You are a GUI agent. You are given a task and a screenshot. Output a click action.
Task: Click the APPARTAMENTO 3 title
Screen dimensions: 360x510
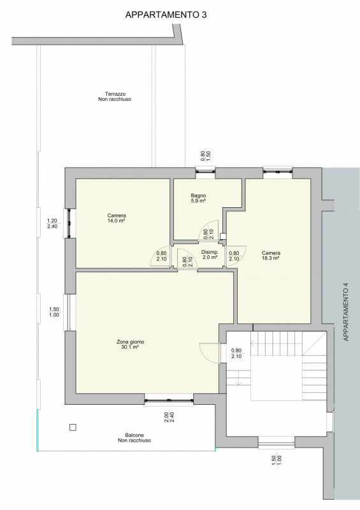[166, 15]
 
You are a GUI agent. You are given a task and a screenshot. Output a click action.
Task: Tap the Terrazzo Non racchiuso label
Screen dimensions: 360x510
[115, 97]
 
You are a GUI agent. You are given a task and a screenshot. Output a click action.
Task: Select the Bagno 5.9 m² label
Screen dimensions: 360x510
[198, 198]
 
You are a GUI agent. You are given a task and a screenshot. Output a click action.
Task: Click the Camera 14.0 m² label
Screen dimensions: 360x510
[117, 218]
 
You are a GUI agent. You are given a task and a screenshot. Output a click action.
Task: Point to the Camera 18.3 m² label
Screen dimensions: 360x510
[271, 256]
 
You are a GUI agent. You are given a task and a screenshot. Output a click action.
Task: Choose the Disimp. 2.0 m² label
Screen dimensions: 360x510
[210, 254]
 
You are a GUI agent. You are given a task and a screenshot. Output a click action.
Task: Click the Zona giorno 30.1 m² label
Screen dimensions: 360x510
[130, 344]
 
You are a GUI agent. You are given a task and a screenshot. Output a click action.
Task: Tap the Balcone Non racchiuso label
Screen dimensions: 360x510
[134, 437]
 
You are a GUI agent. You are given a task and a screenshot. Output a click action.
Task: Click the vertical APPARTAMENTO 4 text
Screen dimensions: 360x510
[346, 312]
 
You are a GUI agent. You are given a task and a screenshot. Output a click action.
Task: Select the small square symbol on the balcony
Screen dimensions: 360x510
[73, 427]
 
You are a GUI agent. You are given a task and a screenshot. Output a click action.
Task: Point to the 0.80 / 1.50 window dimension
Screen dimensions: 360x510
[206, 156]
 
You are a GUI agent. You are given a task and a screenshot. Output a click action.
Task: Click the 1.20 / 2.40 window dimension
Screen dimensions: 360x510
[52, 224]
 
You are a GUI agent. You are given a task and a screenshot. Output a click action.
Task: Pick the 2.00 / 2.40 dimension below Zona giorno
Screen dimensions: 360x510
[169, 418]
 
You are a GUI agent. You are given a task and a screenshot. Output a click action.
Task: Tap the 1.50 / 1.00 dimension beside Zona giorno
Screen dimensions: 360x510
[54, 312]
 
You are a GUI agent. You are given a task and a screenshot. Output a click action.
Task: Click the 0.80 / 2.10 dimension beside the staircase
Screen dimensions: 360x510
[236, 353]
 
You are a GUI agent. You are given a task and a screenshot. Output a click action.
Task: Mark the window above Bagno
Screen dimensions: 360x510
[206, 170]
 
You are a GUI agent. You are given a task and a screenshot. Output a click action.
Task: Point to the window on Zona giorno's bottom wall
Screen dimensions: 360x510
[169, 400]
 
